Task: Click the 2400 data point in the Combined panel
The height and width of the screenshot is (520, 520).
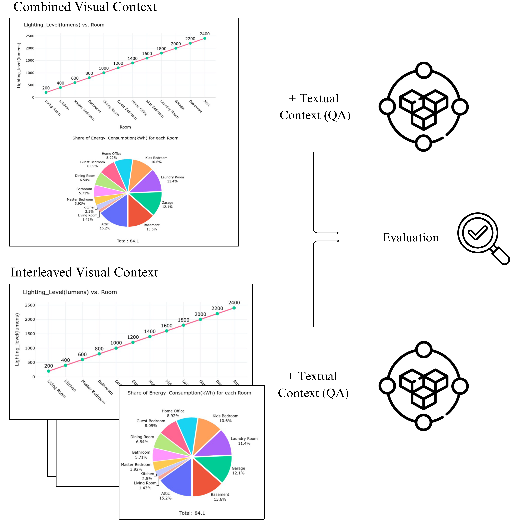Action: click(x=205, y=39)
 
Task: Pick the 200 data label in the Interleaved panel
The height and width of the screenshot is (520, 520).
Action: click(x=48, y=366)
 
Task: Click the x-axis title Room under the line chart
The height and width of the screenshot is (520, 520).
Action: click(x=125, y=127)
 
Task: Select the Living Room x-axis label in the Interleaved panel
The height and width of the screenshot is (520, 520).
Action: click(x=57, y=389)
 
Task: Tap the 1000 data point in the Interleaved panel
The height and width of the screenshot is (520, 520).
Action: click(x=116, y=348)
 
